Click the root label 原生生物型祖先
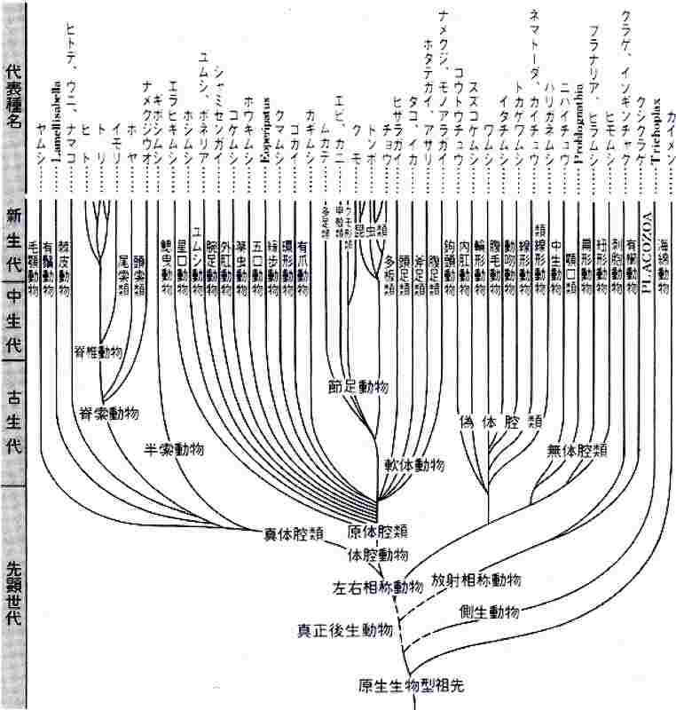[x=411, y=684]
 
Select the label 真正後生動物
[x=343, y=631]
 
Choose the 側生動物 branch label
[x=490, y=613]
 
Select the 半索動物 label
[x=175, y=448]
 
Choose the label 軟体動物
[x=413, y=465]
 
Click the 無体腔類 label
[x=577, y=451]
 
